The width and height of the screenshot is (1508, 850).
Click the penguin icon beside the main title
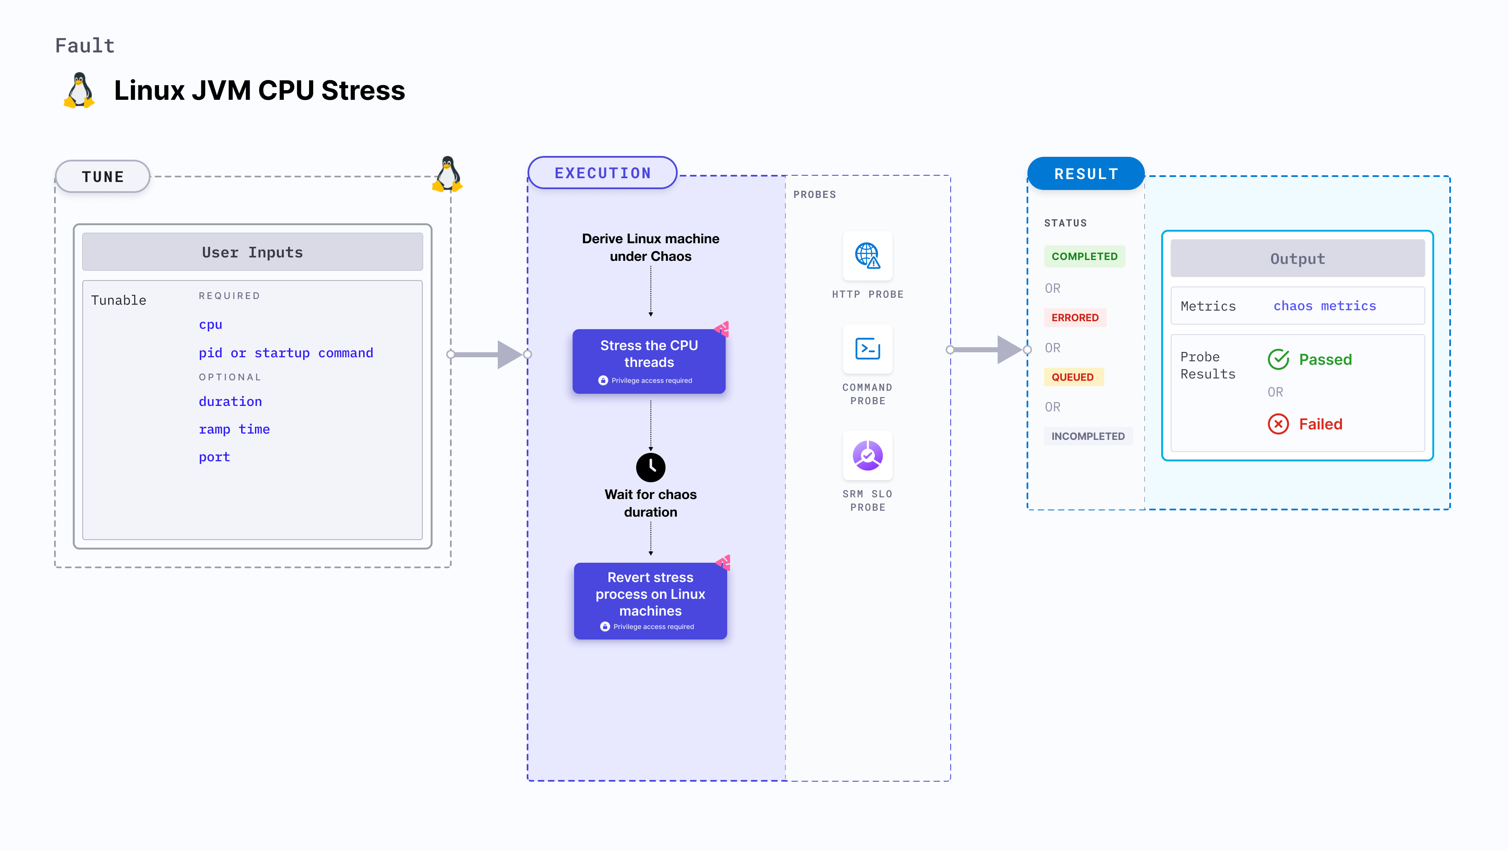(x=79, y=91)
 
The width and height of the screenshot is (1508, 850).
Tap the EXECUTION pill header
(x=602, y=173)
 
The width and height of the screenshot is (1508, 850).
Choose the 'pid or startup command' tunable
(x=286, y=353)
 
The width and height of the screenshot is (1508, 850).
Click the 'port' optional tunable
(x=214, y=457)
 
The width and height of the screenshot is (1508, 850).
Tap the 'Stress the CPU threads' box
(x=649, y=361)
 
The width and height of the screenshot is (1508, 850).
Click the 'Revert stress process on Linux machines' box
(x=650, y=600)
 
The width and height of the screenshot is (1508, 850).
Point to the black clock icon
(x=650, y=467)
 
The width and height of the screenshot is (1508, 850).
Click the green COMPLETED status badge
(x=1084, y=256)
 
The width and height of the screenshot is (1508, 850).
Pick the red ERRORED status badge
(x=1075, y=317)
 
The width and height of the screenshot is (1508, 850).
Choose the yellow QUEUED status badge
(x=1072, y=377)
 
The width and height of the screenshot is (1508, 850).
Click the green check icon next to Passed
(x=1278, y=359)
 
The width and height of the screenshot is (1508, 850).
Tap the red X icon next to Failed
(x=1278, y=424)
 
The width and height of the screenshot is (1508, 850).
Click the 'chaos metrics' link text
(x=1324, y=306)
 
